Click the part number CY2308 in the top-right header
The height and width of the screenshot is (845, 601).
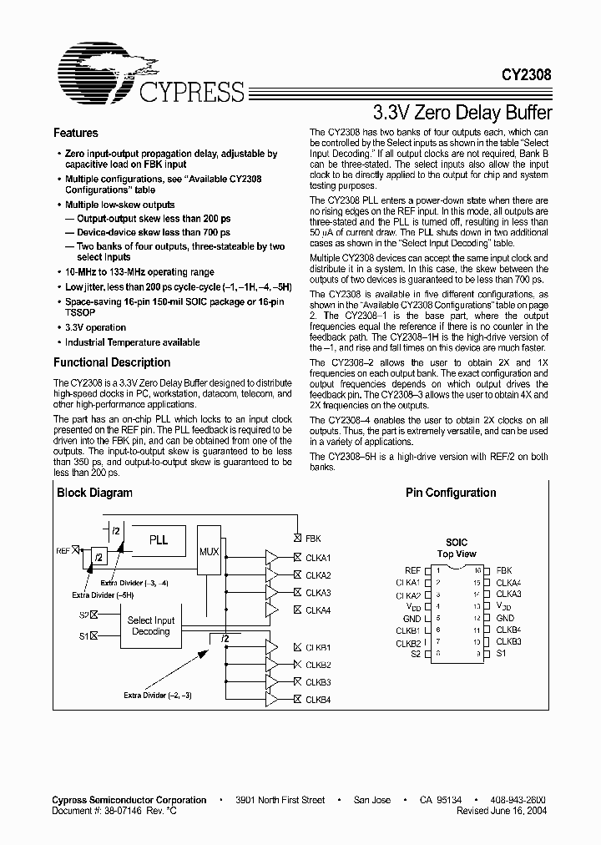526,73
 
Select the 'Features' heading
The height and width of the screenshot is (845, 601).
76,133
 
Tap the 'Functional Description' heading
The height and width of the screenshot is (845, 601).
112,362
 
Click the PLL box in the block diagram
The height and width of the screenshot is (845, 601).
158,540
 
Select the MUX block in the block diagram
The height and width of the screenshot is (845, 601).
210,553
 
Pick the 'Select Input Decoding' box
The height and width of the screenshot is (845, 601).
151,625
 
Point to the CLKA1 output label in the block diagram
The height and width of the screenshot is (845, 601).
317,557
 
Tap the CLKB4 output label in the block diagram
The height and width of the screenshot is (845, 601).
317,700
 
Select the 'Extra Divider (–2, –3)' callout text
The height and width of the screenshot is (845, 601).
158,695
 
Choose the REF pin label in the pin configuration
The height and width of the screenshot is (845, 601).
412,570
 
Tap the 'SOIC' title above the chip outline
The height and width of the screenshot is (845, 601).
456,542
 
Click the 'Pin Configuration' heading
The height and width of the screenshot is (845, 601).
451,493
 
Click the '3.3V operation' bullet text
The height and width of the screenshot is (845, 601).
96,328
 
